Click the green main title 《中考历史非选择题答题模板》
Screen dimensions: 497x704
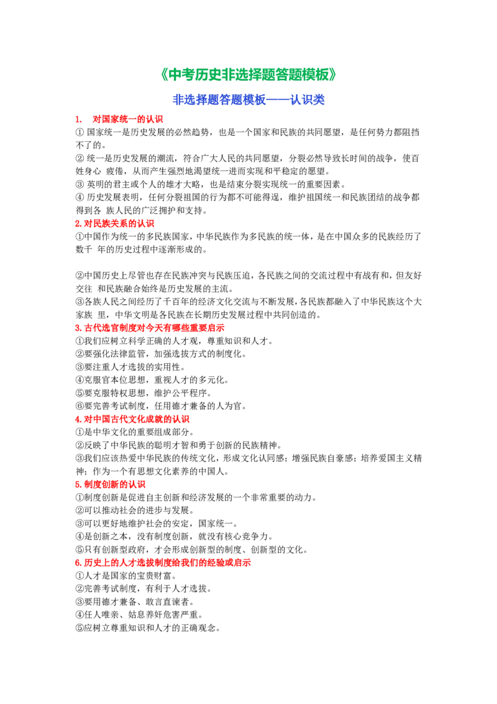coord(248,75)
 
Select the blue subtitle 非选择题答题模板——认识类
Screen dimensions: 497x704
coord(248,100)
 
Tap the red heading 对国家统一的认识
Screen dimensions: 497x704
coord(128,119)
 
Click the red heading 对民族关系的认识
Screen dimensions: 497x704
coord(119,224)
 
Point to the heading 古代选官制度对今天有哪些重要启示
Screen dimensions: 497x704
coord(154,328)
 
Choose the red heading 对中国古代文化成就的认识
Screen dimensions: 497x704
coord(137,419)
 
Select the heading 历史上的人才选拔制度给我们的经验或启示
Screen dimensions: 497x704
coord(167,563)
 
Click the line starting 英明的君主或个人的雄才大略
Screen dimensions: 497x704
coord(211,184)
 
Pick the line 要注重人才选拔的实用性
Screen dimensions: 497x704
coord(130,367)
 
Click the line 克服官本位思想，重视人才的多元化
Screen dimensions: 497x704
coord(152,380)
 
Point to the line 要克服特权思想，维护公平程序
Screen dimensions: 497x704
coord(143,393)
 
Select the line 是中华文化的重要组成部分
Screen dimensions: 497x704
coord(135,432)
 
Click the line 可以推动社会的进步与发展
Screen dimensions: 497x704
coord(135,511)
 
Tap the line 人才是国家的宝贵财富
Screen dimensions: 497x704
coord(125,576)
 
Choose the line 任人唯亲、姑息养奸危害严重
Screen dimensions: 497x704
coord(139,614)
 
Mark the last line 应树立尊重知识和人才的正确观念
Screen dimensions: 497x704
coord(148,628)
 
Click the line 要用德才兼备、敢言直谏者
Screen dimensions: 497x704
coord(135,601)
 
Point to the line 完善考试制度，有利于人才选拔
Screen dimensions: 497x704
coord(143,588)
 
